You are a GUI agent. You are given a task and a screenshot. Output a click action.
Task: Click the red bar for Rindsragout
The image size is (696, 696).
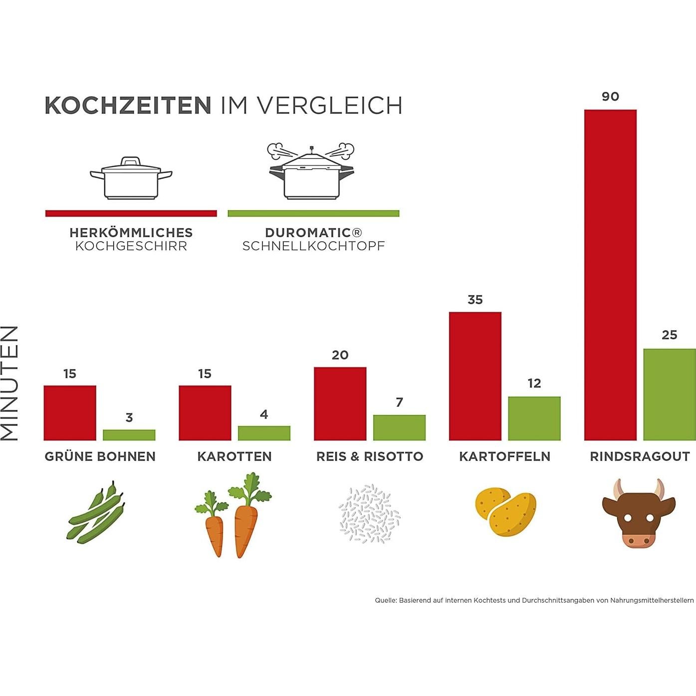point(610,274)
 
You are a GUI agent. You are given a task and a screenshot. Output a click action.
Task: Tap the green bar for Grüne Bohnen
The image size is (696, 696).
point(129,435)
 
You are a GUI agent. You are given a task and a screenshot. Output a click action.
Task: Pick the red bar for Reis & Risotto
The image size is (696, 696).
point(340,404)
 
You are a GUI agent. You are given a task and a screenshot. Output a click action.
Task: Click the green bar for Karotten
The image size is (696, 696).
point(264,433)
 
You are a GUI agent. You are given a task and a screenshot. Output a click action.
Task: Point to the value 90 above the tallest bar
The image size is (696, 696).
point(610,96)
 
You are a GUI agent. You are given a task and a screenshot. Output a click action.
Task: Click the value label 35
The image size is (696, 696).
point(475,299)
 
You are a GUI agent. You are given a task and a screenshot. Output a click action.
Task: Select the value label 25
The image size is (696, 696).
point(669,335)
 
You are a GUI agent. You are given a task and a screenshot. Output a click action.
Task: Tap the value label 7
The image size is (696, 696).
point(399,402)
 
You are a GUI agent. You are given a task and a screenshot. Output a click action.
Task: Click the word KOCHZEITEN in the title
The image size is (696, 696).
point(128,106)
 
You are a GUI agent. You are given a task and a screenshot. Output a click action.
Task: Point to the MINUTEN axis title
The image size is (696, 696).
point(10,383)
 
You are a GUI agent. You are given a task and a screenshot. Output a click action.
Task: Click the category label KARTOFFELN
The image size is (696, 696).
point(504,457)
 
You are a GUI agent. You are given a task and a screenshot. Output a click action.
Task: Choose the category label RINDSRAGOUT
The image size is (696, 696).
point(640,457)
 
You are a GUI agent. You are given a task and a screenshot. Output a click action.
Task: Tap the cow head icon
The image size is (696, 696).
point(639,514)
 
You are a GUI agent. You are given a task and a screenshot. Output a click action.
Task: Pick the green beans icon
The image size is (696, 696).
point(96,512)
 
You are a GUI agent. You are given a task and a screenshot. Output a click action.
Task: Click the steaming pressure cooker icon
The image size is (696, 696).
point(311,172)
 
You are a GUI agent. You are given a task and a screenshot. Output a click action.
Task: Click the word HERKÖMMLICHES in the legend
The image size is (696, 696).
point(131,232)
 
